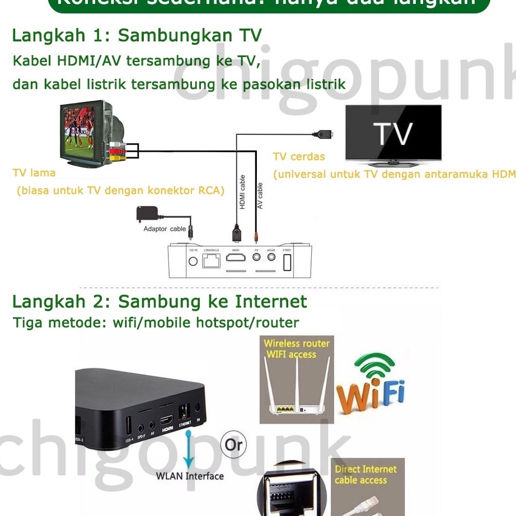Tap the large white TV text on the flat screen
pos(393,134)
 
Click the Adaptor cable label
pos(165,229)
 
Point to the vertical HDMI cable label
pos(242,192)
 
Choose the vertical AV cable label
pos(260,196)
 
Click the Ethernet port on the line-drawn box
pos(211,260)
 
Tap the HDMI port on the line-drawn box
pos(236,259)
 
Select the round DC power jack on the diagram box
pos(194,261)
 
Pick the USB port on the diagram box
pos(287,261)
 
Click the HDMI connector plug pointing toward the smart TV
pos(322,134)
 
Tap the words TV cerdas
pos(298,157)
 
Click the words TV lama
pos(34,173)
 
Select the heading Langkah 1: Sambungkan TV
pos(137,36)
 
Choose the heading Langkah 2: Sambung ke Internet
pos(160,302)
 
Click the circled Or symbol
pos(233,444)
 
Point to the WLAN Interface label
pos(190,476)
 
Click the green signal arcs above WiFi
pos(376,367)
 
